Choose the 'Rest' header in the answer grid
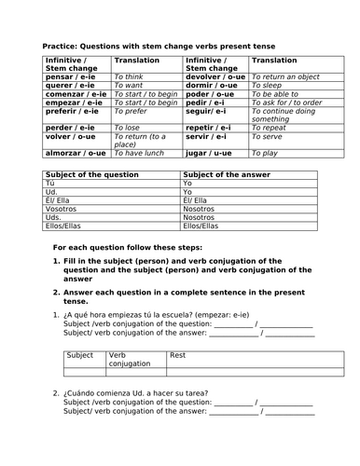tap(176, 355)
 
